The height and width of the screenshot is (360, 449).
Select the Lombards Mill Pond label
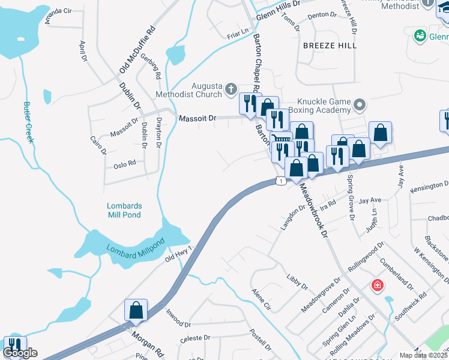(x=124, y=210)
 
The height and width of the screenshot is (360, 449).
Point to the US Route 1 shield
(x=280, y=180)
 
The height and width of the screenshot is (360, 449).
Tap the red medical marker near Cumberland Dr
(x=378, y=285)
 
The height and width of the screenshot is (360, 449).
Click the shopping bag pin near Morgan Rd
(x=136, y=310)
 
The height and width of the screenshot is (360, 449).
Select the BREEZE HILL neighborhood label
(x=330, y=46)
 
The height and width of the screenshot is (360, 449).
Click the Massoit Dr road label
(x=197, y=119)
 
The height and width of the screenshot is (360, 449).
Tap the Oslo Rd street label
(x=124, y=163)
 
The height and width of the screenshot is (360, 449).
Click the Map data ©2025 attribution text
(x=424, y=355)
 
